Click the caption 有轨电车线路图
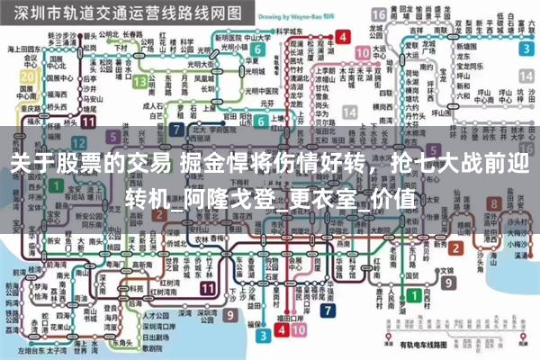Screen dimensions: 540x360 [420, 345]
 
